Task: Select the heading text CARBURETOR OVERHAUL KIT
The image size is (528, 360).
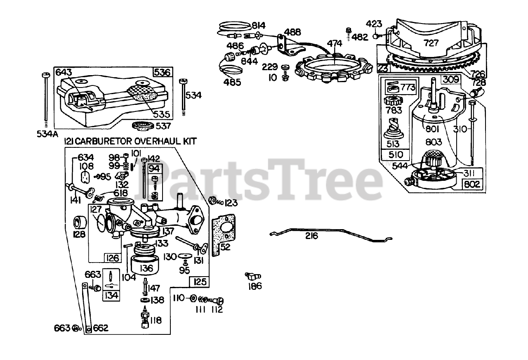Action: click(x=135, y=141)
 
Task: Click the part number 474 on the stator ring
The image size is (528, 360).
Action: click(x=335, y=43)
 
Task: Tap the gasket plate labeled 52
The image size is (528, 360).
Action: click(x=223, y=235)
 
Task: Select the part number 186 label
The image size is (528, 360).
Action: click(x=255, y=286)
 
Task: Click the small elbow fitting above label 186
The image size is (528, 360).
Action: click(x=252, y=276)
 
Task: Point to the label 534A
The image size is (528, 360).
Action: click(x=46, y=133)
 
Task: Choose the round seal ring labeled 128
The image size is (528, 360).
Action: click(x=80, y=223)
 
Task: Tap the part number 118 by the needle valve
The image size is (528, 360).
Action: click(x=156, y=320)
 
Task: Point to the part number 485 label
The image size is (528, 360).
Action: click(x=233, y=81)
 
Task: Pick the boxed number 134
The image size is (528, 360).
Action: click(x=111, y=295)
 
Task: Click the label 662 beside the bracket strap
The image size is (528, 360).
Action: click(x=100, y=328)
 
